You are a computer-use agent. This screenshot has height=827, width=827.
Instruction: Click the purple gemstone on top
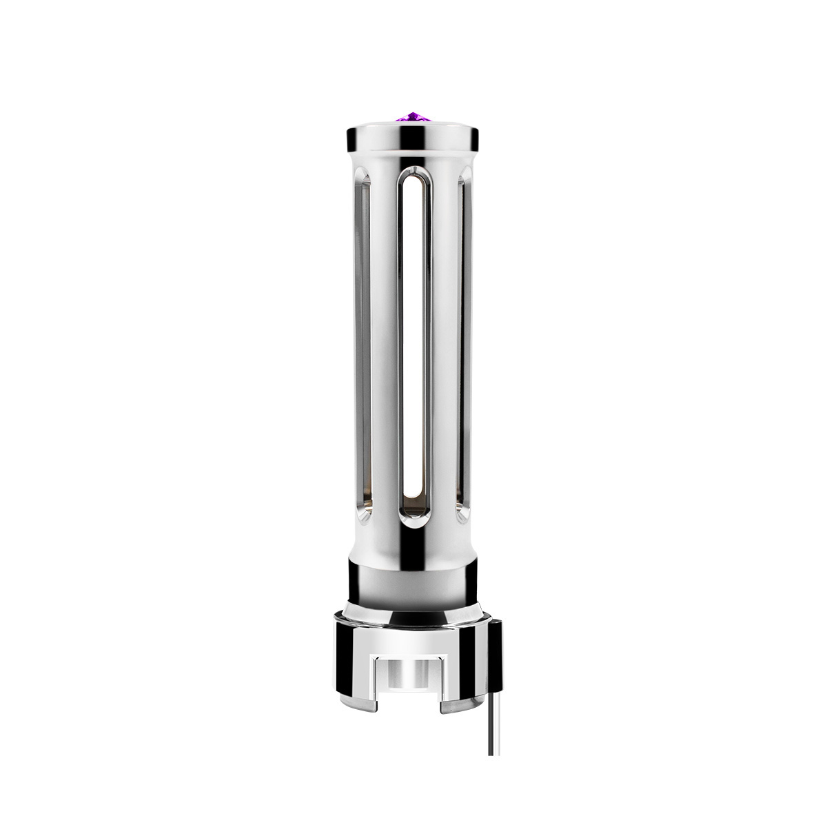tap(413, 118)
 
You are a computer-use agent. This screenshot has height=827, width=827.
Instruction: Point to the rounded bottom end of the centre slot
tap(414, 520)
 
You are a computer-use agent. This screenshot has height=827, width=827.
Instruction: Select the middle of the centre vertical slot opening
tap(414, 345)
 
